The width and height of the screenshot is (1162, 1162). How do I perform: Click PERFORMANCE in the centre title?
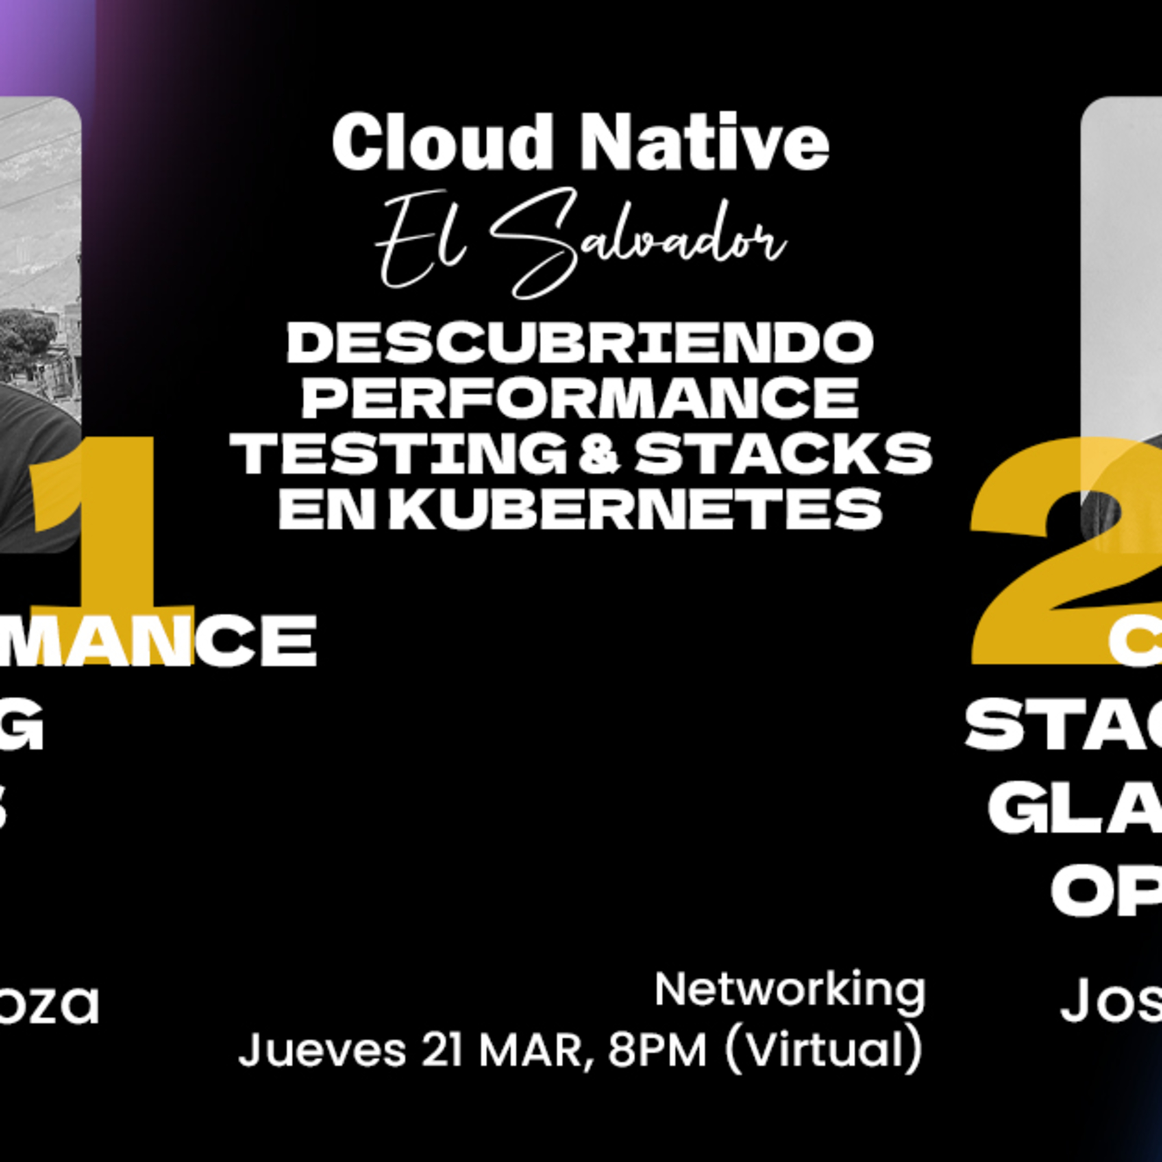tap(580, 397)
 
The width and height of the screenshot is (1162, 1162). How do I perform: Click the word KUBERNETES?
tap(635, 509)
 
